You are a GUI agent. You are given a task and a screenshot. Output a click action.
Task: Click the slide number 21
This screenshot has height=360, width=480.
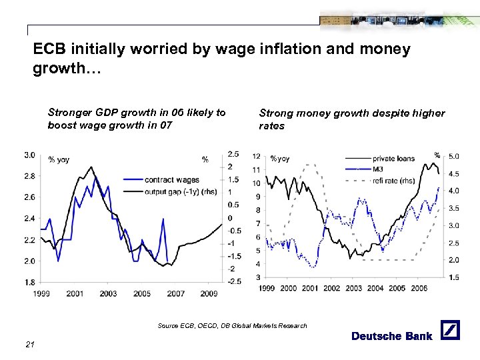coord(29,343)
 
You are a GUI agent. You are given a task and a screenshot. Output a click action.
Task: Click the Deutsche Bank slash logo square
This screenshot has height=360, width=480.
coord(451,331)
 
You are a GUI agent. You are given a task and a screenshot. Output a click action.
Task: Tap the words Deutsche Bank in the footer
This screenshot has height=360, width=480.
coord(391,336)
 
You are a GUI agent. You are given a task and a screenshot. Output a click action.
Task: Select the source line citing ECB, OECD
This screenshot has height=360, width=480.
coord(232,325)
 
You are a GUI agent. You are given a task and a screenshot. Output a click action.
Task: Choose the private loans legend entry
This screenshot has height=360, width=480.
coord(393,159)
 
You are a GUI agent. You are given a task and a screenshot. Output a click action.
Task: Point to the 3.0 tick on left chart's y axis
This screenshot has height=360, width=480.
coord(30,155)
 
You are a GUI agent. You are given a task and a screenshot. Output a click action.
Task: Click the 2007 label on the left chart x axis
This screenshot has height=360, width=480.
coord(175,293)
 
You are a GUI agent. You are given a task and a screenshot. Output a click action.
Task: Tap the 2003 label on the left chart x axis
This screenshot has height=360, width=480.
coord(108,293)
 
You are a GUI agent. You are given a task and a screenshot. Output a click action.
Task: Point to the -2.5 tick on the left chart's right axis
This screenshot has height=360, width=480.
coord(234,281)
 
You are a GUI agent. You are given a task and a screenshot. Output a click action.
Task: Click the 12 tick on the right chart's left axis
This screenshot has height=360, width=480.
coord(256,156)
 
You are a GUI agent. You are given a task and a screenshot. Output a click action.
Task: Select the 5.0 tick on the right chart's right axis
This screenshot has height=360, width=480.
coord(454,156)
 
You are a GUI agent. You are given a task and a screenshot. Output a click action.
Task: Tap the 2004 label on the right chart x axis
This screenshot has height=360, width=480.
coord(375,289)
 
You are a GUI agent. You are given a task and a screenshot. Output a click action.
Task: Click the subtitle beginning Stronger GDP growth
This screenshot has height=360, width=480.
coord(137,119)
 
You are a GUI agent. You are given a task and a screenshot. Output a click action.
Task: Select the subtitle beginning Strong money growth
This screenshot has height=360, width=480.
coord(351,119)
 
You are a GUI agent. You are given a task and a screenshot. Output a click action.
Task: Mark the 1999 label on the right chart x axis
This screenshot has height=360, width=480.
coord(266,289)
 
